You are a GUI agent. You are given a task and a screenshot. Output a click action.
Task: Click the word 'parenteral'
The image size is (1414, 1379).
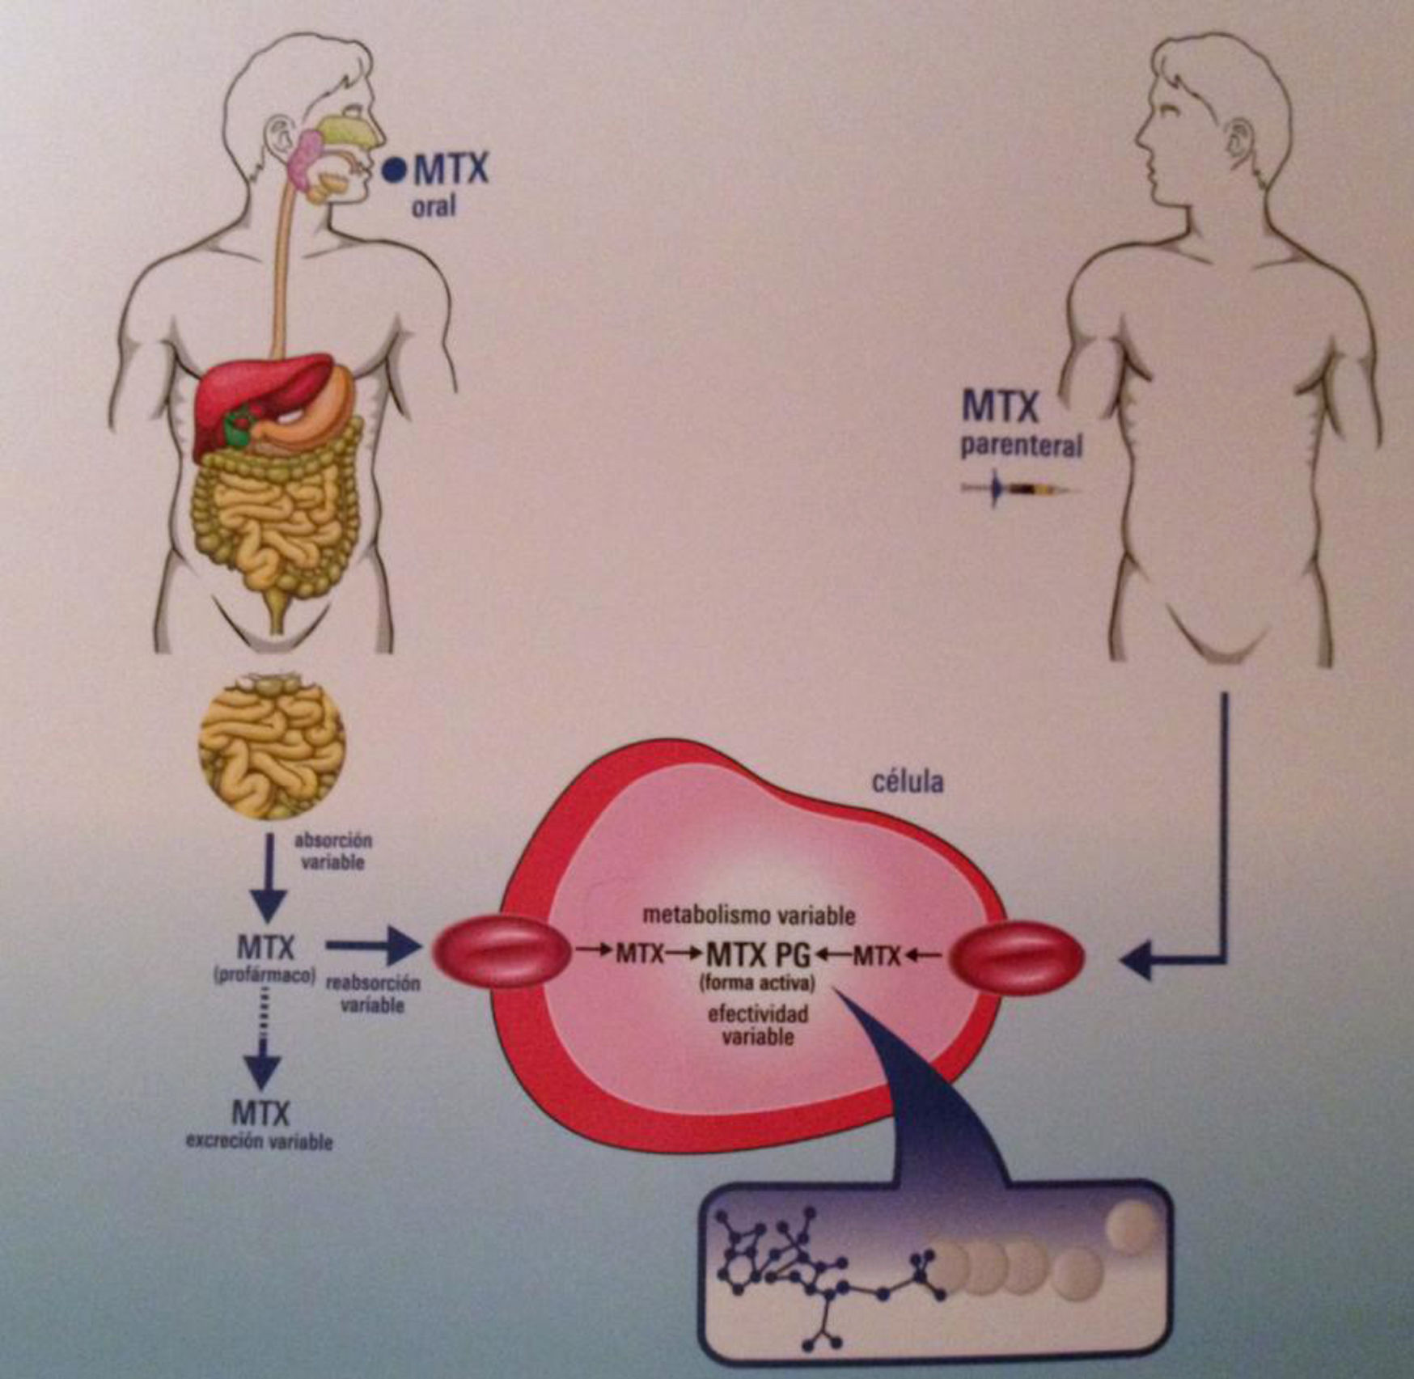(1021, 446)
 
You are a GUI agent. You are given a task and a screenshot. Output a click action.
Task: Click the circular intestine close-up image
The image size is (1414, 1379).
(273, 748)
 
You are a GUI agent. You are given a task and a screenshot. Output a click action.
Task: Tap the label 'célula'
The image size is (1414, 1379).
(908, 783)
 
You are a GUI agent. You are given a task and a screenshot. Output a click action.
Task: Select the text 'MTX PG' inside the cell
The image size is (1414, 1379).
(758, 955)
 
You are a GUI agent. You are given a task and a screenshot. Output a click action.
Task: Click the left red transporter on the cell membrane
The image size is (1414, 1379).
(502, 955)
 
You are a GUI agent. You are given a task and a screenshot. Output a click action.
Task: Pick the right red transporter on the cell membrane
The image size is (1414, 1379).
(1017, 957)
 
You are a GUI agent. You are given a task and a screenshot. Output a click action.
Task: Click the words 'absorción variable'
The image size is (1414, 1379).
(332, 852)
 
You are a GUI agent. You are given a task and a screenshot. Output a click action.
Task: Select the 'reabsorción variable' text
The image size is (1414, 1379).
(372, 995)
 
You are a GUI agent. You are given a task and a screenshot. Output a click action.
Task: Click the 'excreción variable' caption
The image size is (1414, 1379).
(260, 1142)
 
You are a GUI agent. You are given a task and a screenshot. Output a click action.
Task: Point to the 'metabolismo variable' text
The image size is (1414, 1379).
(748, 916)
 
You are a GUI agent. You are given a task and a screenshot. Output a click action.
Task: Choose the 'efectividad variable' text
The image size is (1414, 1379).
(758, 1024)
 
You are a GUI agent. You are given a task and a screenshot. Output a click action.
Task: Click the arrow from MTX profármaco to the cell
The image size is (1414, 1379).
(372, 946)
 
